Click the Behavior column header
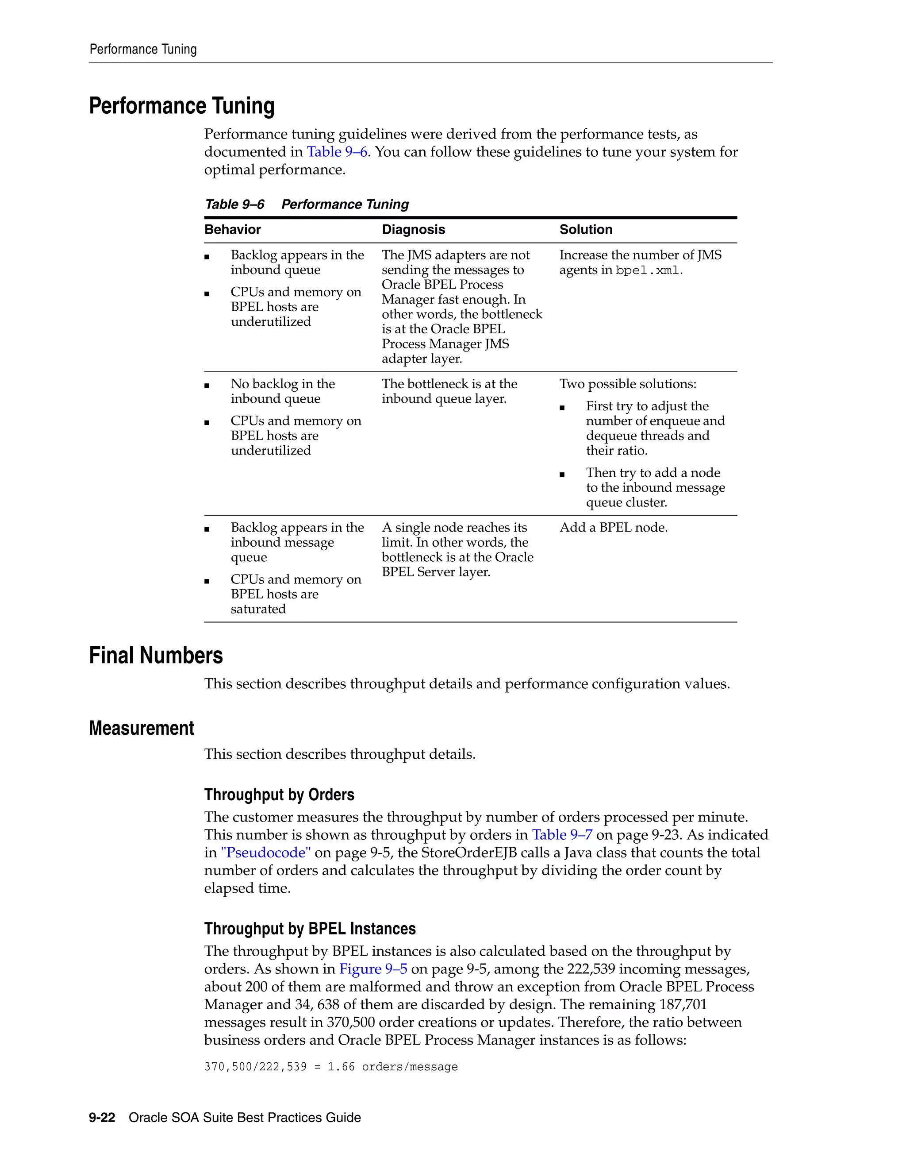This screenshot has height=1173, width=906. coord(232,229)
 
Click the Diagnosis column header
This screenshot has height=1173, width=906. coord(413,229)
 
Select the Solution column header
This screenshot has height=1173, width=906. coord(586,229)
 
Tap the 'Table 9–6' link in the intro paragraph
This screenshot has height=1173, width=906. coord(337,152)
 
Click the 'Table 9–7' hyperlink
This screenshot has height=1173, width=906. coord(562,835)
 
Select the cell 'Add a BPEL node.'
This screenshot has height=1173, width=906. coord(614,528)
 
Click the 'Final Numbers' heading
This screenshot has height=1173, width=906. coord(156,656)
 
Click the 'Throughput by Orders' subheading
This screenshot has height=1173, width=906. coord(279,795)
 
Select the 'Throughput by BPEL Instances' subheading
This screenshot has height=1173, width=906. coord(310,929)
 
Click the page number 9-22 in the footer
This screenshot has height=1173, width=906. coord(102,1118)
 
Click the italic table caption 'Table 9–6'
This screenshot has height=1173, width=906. coord(234,205)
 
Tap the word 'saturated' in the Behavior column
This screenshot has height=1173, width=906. coord(258,609)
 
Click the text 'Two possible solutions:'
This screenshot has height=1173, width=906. coord(627,384)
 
